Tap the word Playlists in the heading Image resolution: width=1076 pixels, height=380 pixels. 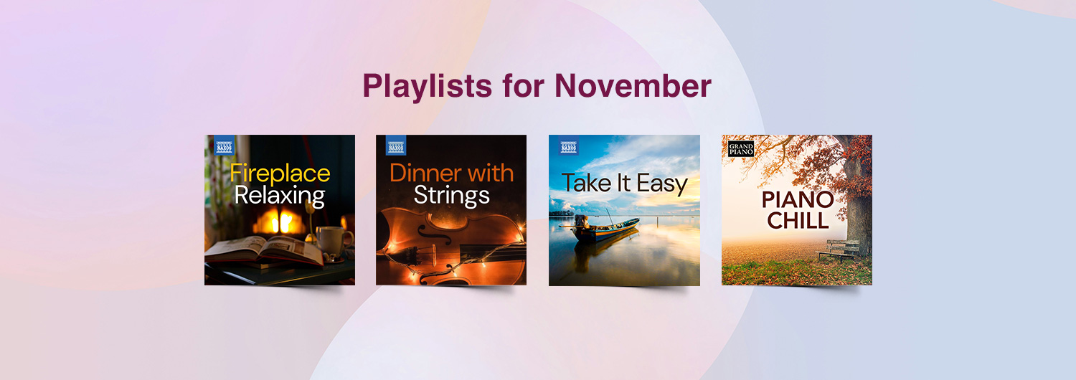click(427, 87)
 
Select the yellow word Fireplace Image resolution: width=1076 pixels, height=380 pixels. click(280, 173)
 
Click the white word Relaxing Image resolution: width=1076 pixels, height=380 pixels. click(280, 196)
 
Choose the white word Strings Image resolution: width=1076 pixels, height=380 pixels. click(451, 196)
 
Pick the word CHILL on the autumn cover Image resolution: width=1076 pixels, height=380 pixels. click(798, 221)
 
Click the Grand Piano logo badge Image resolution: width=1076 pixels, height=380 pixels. click(741, 148)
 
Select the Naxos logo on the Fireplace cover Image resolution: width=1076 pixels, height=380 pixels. click(225, 146)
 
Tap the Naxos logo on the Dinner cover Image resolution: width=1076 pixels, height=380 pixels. click(396, 146)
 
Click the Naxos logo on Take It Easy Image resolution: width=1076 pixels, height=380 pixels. click(569, 146)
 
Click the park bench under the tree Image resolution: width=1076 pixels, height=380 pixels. click(839, 250)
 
